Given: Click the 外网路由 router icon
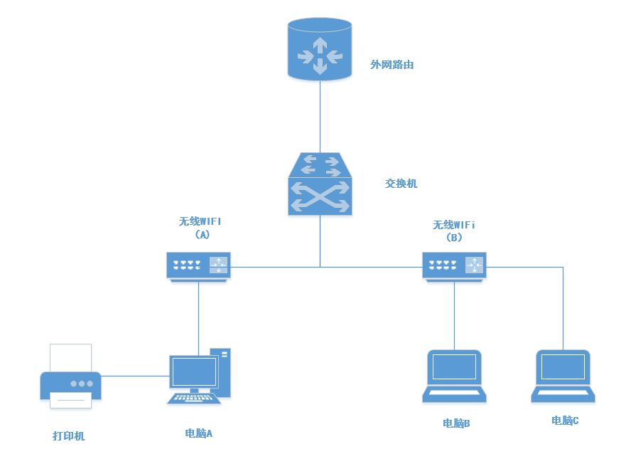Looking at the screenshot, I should click(x=320, y=49).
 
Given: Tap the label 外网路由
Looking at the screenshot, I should click(x=392, y=65).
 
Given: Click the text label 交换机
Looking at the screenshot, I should click(x=401, y=184).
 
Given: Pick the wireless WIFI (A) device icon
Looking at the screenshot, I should click(x=199, y=266).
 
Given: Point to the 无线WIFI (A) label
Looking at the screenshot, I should click(x=200, y=226).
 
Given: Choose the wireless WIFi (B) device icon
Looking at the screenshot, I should click(x=455, y=266).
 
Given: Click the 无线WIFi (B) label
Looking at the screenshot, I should click(x=454, y=231).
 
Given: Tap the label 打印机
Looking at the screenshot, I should click(x=69, y=436).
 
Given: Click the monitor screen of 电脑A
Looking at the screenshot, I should click(x=194, y=372).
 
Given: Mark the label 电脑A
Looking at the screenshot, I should click(x=199, y=433).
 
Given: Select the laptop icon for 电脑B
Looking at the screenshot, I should click(x=455, y=376).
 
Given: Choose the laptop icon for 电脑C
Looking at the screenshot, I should click(x=563, y=376).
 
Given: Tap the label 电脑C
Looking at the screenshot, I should click(x=565, y=421).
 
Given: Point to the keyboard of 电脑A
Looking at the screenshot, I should click(x=193, y=398).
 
